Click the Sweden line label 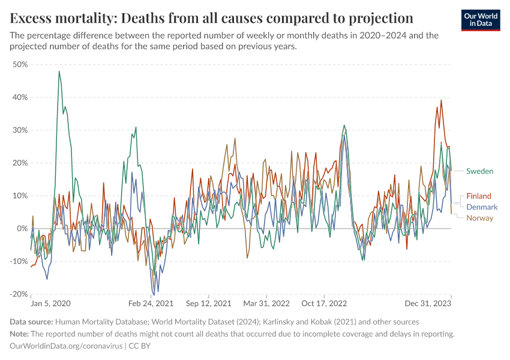click(x=479, y=171)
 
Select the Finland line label click(x=479, y=196)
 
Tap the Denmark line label click(x=482, y=207)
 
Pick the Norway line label click(x=479, y=218)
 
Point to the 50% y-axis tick click(x=20, y=64)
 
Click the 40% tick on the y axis click(x=20, y=97)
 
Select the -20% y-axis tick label click(x=19, y=294)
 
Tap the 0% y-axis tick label click(x=22, y=229)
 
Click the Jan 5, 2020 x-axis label click(x=50, y=304)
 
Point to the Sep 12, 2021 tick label click(x=208, y=304)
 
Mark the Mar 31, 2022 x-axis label click(x=266, y=304)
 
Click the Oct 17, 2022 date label click(x=324, y=304)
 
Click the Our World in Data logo click(x=481, y=20)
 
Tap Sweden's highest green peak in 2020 click(x=59, y=71)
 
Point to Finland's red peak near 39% click(x=441, y=100)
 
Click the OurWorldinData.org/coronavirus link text click(x=66, y=346)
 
